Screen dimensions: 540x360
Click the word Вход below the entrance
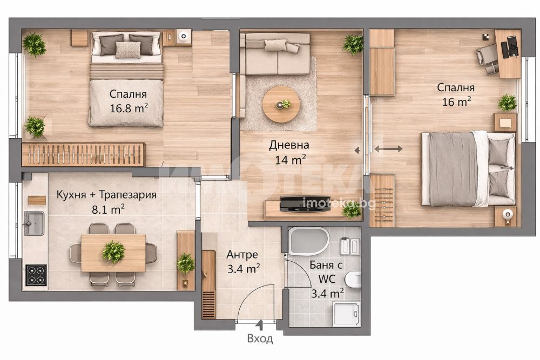tap(260, 338)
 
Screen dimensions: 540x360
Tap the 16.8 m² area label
tap(129, 108)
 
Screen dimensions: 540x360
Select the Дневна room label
tap(289, 145)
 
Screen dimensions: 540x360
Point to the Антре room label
tap(242, 255)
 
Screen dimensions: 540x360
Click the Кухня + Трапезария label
tap(106, 195)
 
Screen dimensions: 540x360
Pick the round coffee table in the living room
tap(280, 104)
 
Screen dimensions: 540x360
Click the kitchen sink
tap(34, 223)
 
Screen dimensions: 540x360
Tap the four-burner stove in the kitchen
tap(36, 275)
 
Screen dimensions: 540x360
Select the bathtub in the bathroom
tap(309, 241)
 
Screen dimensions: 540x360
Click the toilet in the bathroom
tap(353, 279)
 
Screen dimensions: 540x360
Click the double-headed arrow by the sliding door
tap(388, 149)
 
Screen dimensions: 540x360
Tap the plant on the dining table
tap(113, 252)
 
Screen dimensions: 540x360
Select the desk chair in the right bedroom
tap(487, 57)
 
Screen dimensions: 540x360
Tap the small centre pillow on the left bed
tap(128, 50)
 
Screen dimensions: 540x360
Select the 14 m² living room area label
tap(291, 159)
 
